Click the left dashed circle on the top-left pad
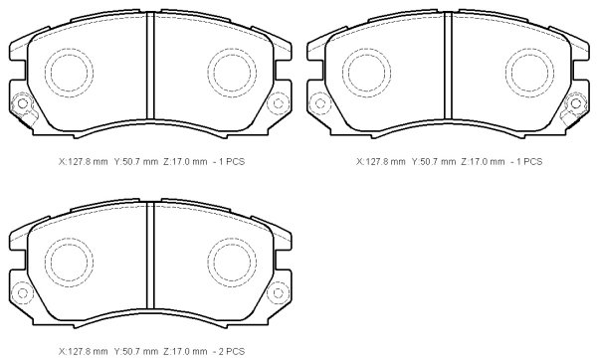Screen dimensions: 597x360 tap(45, 73)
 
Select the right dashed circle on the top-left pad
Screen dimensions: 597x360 tap(208, 73)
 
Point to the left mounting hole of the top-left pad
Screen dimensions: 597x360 tap(23, 103)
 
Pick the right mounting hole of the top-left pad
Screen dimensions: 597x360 tap(279, 103)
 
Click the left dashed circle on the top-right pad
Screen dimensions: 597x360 tap(342, 73)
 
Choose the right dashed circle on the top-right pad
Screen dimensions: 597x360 tap(506, 73)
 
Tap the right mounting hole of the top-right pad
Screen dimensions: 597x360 tap(576, 103)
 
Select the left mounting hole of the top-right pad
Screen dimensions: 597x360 tap(320, 103)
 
